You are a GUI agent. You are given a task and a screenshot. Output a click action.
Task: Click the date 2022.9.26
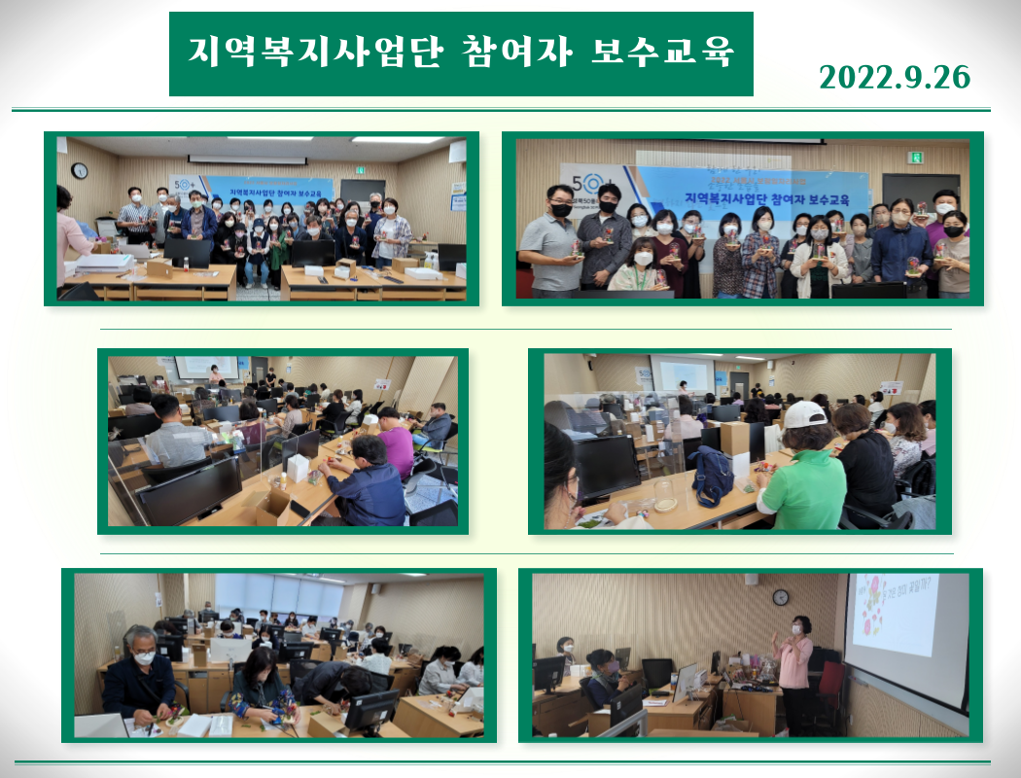(895, 77)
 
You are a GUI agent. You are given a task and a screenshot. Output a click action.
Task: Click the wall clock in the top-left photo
(80, 171)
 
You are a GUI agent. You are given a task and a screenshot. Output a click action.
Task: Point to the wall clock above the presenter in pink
(781, 596)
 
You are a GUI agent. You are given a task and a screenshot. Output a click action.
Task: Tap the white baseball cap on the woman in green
(805, 414)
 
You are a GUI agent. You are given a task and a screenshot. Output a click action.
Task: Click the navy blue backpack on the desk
(713, 476)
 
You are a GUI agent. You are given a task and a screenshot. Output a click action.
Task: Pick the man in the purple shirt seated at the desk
(394, 442)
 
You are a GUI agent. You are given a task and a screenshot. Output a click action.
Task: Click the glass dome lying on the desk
(665, 495)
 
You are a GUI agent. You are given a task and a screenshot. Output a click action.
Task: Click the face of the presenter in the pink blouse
(799, 626)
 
